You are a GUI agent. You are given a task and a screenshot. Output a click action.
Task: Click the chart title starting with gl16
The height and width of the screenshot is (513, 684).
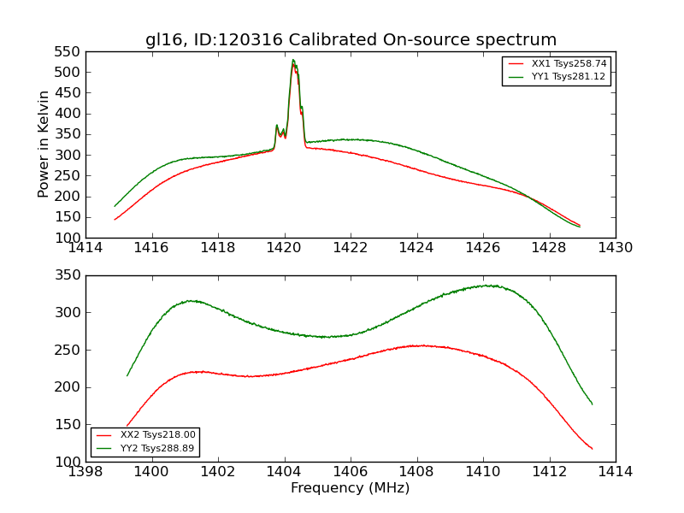pyautogui.click(x=351, y=40)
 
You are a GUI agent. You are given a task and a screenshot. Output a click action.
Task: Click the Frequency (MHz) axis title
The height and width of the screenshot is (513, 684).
pyautogui.click(x=350, y=488)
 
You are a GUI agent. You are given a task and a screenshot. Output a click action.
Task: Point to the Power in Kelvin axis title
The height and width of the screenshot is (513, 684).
pyautogui.click(x=44, y=144)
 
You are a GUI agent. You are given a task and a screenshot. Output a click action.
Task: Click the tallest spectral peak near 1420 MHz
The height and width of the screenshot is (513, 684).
pyautogui.click(x=293, y=60)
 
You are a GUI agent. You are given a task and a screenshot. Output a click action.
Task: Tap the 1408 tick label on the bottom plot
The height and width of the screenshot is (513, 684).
pyautogui.click(x=416, y=471)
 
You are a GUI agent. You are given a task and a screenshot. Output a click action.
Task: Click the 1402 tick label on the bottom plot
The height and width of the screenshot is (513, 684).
pyautogui.click(x=218, y=471)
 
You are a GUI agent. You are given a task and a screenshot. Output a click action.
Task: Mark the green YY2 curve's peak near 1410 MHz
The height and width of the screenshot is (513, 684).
pyautogui.click(x=485, y=286)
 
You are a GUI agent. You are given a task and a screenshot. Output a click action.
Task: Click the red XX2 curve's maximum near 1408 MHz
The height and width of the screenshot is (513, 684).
pyautogui.click(x=418, y=345)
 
